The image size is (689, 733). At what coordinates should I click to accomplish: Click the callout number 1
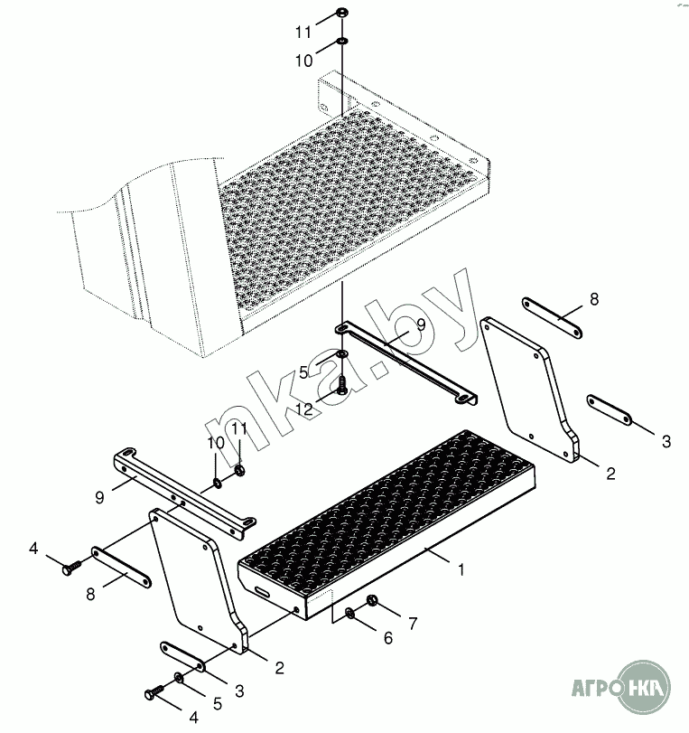click(x=461, y=570)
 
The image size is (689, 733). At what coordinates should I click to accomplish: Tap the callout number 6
click(x=388, y=637)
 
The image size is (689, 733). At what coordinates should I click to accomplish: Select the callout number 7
click(x=413, y=623)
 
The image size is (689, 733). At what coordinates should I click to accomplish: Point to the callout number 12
click(x=304, y=409)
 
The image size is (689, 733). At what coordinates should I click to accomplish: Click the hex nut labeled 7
click(x=372, y=600)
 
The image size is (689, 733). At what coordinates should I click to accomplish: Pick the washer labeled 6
click(x=350, y=613)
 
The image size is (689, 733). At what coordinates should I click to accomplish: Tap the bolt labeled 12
click(x=342, y=386)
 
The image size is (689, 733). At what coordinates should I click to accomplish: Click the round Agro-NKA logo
click(x=643, y=687)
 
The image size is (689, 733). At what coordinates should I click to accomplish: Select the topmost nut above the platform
click(x=342, y=12)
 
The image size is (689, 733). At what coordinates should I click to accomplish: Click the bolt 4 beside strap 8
click(x=71, y=568)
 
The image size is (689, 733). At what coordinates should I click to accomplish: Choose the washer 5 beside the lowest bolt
click(x=179, y=676)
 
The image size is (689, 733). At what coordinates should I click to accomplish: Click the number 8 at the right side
click(x=593, y=299)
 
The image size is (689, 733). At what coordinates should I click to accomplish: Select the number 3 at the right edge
click(x=666, y=441)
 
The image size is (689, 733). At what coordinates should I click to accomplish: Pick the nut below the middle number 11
click(x=240, y=469)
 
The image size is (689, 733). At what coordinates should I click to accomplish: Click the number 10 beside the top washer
click(x=304, y=61)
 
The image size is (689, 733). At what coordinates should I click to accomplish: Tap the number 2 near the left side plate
click(x=279, y=668)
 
